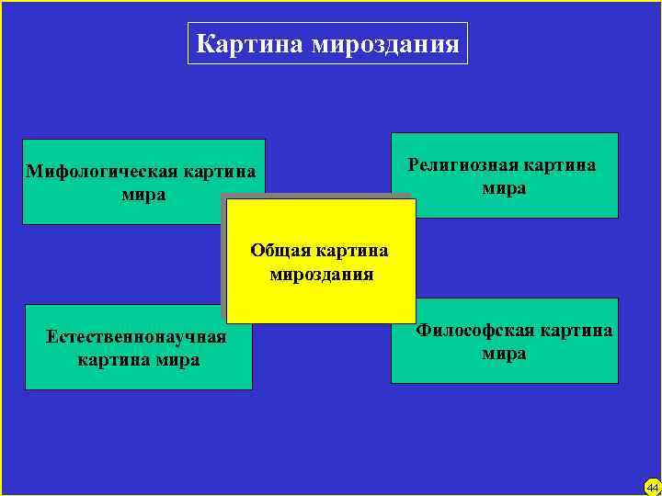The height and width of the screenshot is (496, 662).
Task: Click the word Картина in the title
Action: (251, 44)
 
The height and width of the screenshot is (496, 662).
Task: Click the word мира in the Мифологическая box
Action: (143, 195)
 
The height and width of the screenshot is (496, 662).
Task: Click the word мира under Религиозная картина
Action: (504, 188)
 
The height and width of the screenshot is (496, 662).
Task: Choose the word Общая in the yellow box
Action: (280, 251)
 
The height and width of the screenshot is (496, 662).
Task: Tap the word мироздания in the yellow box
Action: (321, 274)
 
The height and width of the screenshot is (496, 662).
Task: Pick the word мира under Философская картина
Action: (504, 354)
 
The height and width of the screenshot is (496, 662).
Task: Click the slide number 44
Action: (652, 487)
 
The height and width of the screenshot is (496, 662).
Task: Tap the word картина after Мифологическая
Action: (220, 172)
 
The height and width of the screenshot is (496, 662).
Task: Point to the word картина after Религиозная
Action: (559, 165)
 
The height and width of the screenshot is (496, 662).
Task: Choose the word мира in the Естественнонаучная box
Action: (177, 359)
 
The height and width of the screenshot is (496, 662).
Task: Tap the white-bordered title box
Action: (327, 44)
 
